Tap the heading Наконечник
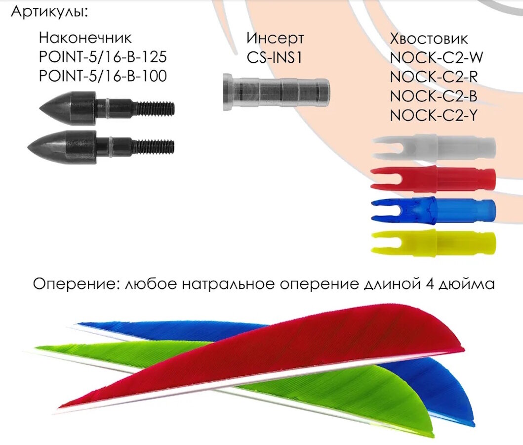tap(85, 38)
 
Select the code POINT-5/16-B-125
tap(102, 57)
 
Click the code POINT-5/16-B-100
tap(102, 76)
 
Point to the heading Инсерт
tap(275, 38)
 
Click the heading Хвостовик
tap(429, 38)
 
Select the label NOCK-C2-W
tap(436, 57)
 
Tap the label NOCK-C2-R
tap(435, 76)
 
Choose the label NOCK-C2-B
tap(435, 95)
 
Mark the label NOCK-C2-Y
tap(435, 115)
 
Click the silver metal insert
tap(276, 91)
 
